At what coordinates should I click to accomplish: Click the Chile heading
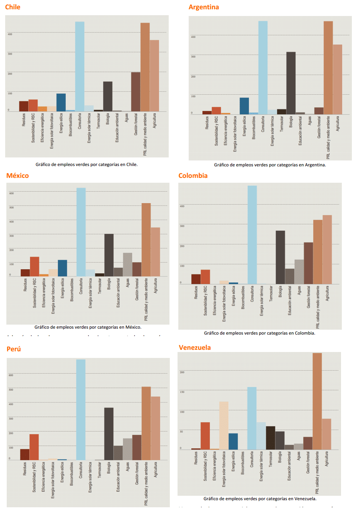click(x=13, y=7)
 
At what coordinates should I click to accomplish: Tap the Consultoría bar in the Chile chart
click(x=80, y=67)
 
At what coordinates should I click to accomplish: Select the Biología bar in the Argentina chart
click(x=291, y=83)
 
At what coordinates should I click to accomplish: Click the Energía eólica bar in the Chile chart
click(x=61, y=102)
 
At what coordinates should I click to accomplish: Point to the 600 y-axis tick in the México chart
click(x=12, y=193)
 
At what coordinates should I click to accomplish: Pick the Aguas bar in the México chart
click(x=127, y=265)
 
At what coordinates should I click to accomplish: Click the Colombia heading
click(x=193, y=176)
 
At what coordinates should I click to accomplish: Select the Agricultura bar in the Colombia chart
click(x=327, y=250)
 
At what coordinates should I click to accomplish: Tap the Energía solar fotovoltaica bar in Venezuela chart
click(x=224, y=426)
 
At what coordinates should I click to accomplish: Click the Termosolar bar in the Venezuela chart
click(x=270, y=438)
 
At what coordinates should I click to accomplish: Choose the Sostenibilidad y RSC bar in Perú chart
click(x=34, y=447)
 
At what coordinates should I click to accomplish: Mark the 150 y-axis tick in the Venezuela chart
click(x=182, y=392)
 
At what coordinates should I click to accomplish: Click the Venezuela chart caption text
click(x=260, y=499)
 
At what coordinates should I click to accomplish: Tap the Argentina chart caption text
click(x=270, y=165)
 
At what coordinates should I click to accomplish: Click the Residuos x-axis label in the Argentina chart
click(x=207, y=123)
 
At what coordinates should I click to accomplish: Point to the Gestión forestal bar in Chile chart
click(x=136, y=92)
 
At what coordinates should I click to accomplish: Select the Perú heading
click(x=14, y=349)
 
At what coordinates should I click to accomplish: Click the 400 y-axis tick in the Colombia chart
click(x=182, y=206)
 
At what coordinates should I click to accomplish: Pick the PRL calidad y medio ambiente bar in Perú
click(x=146, y=423)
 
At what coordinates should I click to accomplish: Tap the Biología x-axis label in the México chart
click(x=109, y=284)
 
